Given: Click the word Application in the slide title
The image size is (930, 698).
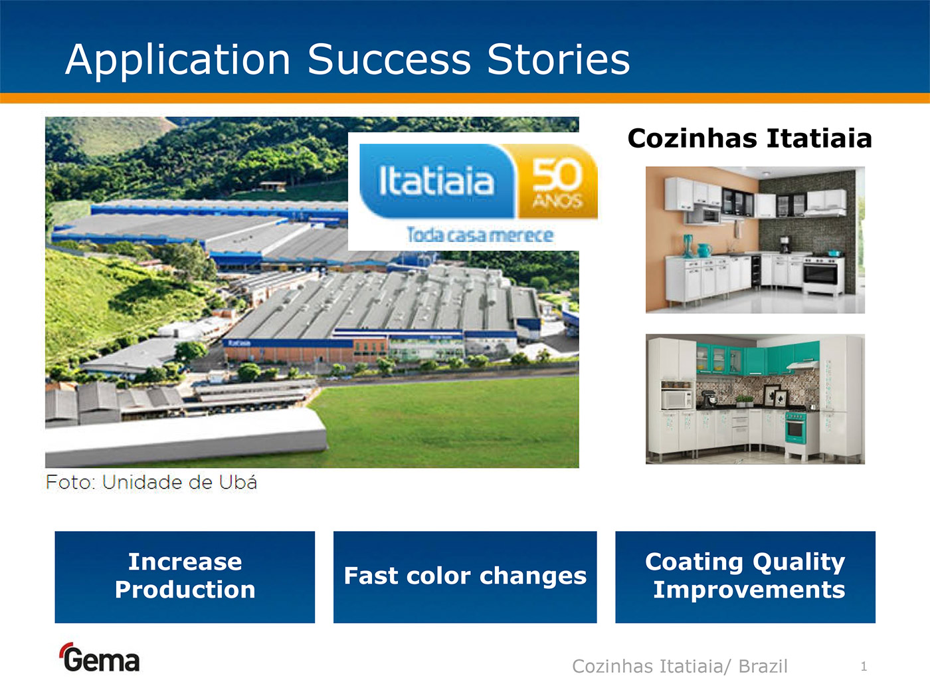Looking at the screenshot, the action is tap(177, 61).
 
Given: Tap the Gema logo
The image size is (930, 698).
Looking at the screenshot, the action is tap(99, 657).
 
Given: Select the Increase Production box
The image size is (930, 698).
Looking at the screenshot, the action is tap(185, 577).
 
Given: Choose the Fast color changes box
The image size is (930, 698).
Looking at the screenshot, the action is tap(465, 577).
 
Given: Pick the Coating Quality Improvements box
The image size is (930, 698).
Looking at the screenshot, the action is tap(745, 577).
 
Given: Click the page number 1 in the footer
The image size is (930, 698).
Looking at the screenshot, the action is tap(864, 666).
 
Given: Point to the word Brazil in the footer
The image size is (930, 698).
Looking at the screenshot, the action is tap(763, 666).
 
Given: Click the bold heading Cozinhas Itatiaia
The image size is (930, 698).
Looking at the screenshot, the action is tap(749, 138).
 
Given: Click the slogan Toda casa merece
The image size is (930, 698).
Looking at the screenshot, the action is tap(480, 235).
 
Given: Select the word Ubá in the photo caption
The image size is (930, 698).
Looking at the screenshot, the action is tap(238, 482).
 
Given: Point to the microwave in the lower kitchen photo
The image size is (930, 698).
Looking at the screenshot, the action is tap(676, 400).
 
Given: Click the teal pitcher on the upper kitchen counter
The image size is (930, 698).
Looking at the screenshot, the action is tap(704, 250).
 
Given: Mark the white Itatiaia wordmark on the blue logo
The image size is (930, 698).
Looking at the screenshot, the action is tap(436, 181).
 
